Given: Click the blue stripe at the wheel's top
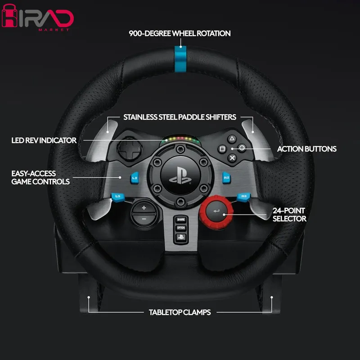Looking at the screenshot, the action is point(180,59).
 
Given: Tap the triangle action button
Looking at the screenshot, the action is point(232,139).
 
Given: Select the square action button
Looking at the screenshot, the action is point(222,149).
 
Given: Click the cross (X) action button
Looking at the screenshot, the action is point(232,158).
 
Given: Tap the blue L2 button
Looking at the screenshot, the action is point(135,178).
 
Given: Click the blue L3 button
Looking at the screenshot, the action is point(118,197).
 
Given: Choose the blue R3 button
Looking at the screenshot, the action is point(243,197).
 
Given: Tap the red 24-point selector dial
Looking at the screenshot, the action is point(216,212).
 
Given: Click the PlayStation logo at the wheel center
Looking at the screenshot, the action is point(180,175).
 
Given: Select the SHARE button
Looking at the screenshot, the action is point(181,220).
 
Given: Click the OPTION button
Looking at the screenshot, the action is point(181,228).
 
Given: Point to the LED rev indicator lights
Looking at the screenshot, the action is point(180,139).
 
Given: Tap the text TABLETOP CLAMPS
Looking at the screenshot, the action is point(180,312).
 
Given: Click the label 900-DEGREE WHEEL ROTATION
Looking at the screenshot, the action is point(180,33).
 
